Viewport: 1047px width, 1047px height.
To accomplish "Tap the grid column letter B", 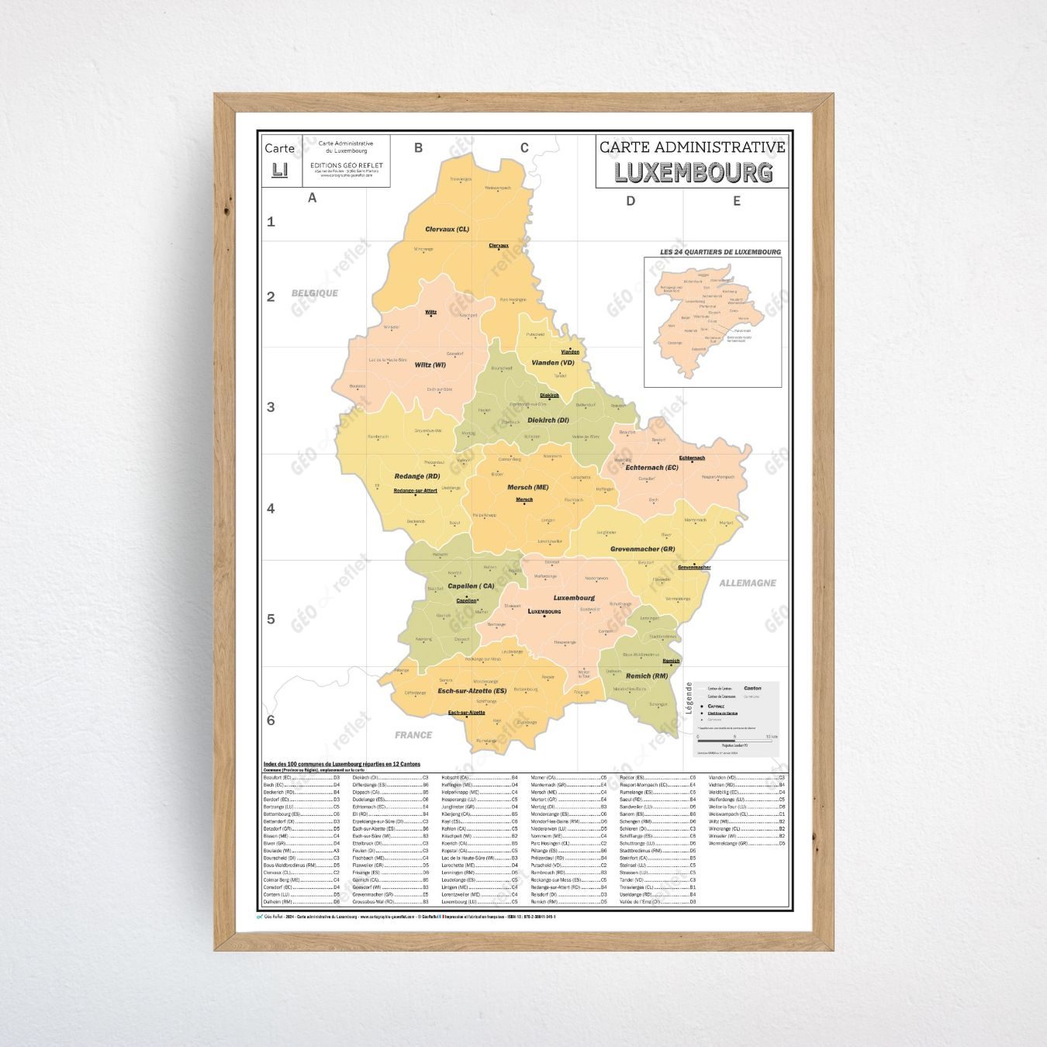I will pyautogui.click(x=418, y=147).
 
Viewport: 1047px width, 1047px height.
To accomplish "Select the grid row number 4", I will pyautogui.click(x=271, y=509).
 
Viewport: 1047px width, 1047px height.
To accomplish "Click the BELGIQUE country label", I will pyautogui.click(x=315, y=293).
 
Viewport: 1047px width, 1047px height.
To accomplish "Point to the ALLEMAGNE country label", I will pyautogui.click(x=747, y=582).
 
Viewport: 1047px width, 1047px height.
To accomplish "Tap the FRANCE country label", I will pyautogui.click(x=413, y=734).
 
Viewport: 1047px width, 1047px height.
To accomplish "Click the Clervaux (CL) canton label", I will pyautogui.click(x=447, y=230).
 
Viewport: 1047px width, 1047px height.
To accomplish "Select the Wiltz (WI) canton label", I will pyautogui.click(x=430, y=365).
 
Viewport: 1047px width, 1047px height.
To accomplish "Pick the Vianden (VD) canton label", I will pyautogui.click(x=553, y=363).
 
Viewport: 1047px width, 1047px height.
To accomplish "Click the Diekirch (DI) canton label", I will pyautogui.click(x=548, y=420).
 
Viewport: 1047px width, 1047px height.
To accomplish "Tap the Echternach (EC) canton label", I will pyautogui.click(x=651, y=468).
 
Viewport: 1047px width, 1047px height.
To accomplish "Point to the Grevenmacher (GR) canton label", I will pyautogui.click(x=642, y=549).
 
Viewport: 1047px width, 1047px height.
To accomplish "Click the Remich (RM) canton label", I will pyautogui.click(x=647, y=676).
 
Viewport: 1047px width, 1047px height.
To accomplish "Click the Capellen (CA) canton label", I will pyautogui.click(x=471, y=586).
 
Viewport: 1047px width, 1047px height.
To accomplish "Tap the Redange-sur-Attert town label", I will pyautogui.click(x=415, y=490).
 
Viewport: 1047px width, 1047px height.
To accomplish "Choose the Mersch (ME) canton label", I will pyautogui.click(x=527, y=487).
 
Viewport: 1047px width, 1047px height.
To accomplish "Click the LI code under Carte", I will pyautogui.click(x=279, y=169).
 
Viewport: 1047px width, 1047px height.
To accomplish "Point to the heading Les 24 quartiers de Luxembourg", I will pyautogui.click(x=720, y=252).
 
